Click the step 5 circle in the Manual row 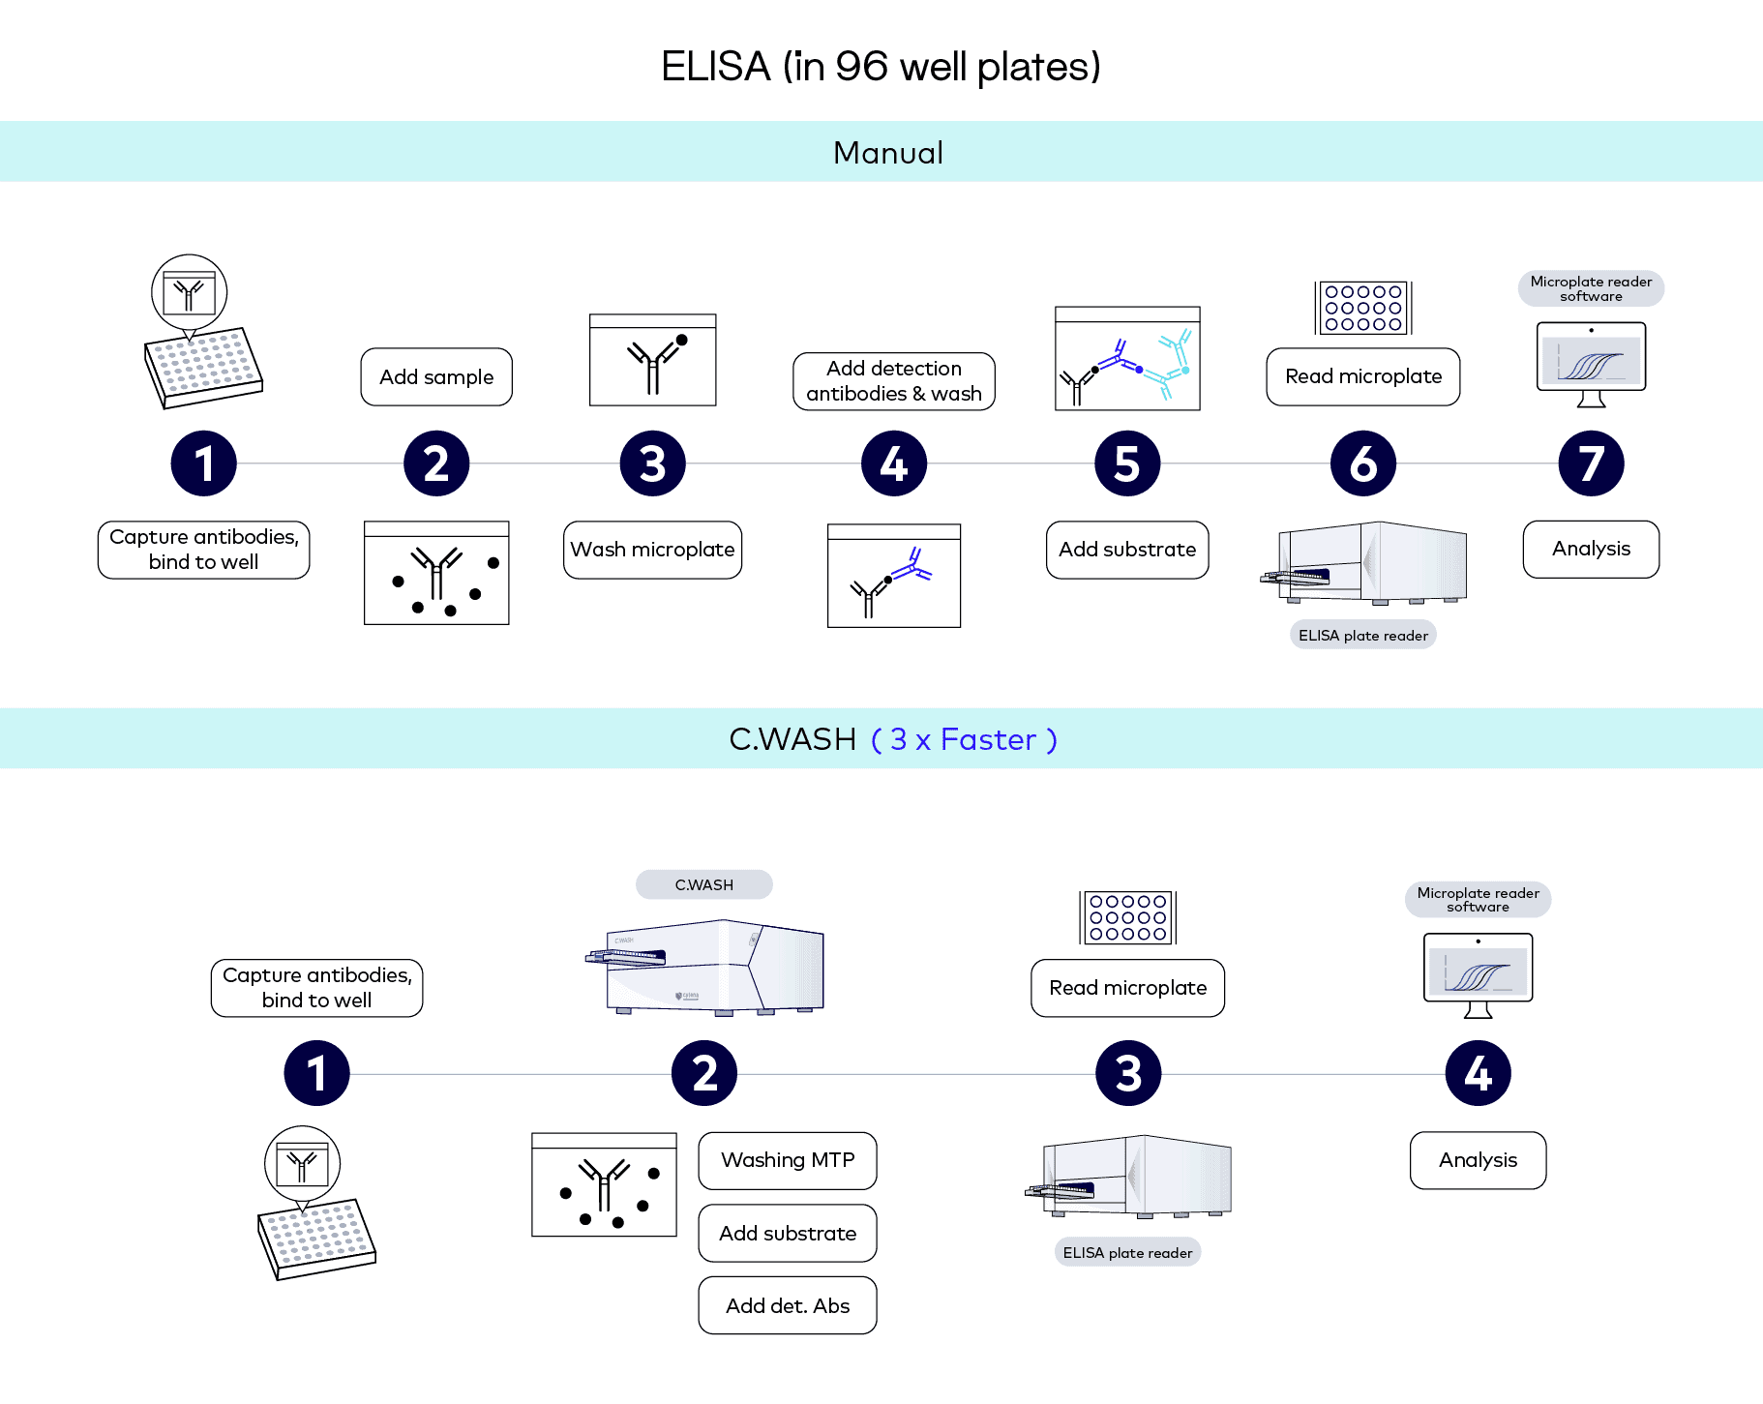[1127, 463]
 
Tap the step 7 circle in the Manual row [1591, 463]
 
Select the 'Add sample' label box [436, 377]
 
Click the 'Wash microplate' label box [652, 550]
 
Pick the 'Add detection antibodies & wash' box [894, 381]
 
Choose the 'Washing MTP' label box [788, 1160]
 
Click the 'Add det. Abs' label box [788, 1305]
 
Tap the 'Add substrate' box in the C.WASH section [788, 1233]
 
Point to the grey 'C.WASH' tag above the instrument [704, 884]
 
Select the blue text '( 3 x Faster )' [964, 739]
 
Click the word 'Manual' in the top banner [888, 153]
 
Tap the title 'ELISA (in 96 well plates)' [881, 67]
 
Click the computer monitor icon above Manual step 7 [1591, 363]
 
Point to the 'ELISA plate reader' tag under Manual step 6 [1362, 635]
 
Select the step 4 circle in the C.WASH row [1478, 1073]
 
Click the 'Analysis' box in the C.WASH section [1478, 1160]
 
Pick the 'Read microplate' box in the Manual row [1362, 376]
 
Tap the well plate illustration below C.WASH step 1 [316, 1239]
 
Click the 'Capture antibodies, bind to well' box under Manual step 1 [203, 550]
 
